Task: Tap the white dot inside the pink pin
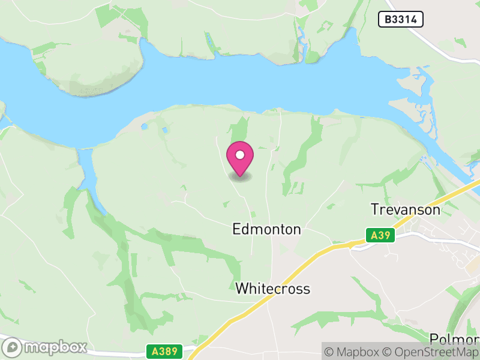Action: tap(240, 155)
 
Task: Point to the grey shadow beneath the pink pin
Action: tap(240, 177)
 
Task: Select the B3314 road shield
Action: tap(401, 20)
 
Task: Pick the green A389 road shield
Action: tap(163, 349)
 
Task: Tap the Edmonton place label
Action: tap(266, 229)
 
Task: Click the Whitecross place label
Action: tap(272, 289)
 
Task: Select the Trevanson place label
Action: tap(406, 209)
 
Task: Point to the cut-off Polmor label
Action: tap(455, 338)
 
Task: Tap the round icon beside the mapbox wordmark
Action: tap(13, 347)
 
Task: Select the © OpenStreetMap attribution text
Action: tap(431, 352)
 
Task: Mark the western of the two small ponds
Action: tap(143, 127)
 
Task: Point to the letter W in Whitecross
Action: tap(241, 289)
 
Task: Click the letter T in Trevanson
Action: tap(375, 209)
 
